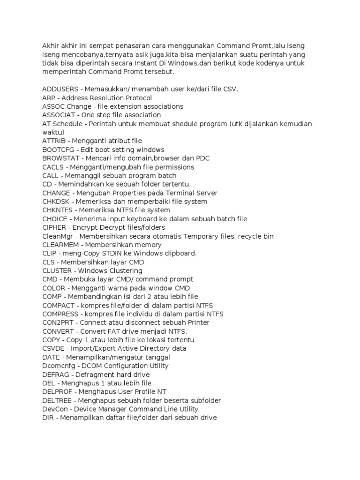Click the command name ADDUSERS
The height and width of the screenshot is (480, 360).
coord(59,89)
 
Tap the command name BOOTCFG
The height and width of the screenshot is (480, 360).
coord(59,150)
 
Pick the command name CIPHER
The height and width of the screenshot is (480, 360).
coord(55,228)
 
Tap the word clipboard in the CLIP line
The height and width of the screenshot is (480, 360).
coord(181,254)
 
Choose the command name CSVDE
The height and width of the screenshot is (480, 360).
coord(54,349)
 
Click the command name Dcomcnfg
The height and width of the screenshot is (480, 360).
coord(59,366)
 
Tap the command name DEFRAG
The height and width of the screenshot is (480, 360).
coord(55,375)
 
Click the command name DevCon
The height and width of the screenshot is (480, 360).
coord(54,409)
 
